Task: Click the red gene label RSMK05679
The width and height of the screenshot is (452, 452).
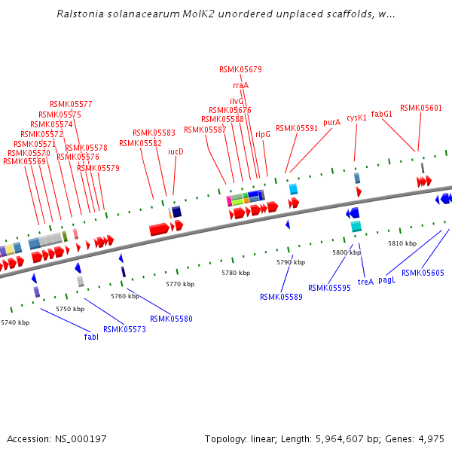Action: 240,69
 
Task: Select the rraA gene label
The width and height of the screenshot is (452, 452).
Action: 240,85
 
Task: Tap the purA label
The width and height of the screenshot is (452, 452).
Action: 331,122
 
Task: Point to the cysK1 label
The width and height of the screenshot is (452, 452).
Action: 356,118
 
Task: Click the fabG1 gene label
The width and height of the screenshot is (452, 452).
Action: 382,114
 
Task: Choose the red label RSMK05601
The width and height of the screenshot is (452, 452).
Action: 421,108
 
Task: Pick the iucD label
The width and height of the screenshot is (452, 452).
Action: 176,151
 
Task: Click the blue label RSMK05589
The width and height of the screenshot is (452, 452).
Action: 281,297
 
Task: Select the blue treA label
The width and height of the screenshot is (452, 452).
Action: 365,282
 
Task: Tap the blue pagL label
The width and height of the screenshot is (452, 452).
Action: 386,279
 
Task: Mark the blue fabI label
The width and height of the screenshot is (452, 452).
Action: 91,337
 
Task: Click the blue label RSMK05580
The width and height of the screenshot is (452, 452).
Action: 171,319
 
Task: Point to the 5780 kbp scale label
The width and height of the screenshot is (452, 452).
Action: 234,273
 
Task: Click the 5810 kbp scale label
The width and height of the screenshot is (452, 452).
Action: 402,243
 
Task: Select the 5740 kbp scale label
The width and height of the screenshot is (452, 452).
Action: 15,322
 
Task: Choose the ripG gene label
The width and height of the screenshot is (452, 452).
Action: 263,134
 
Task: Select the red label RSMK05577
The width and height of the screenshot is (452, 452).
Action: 71,104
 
